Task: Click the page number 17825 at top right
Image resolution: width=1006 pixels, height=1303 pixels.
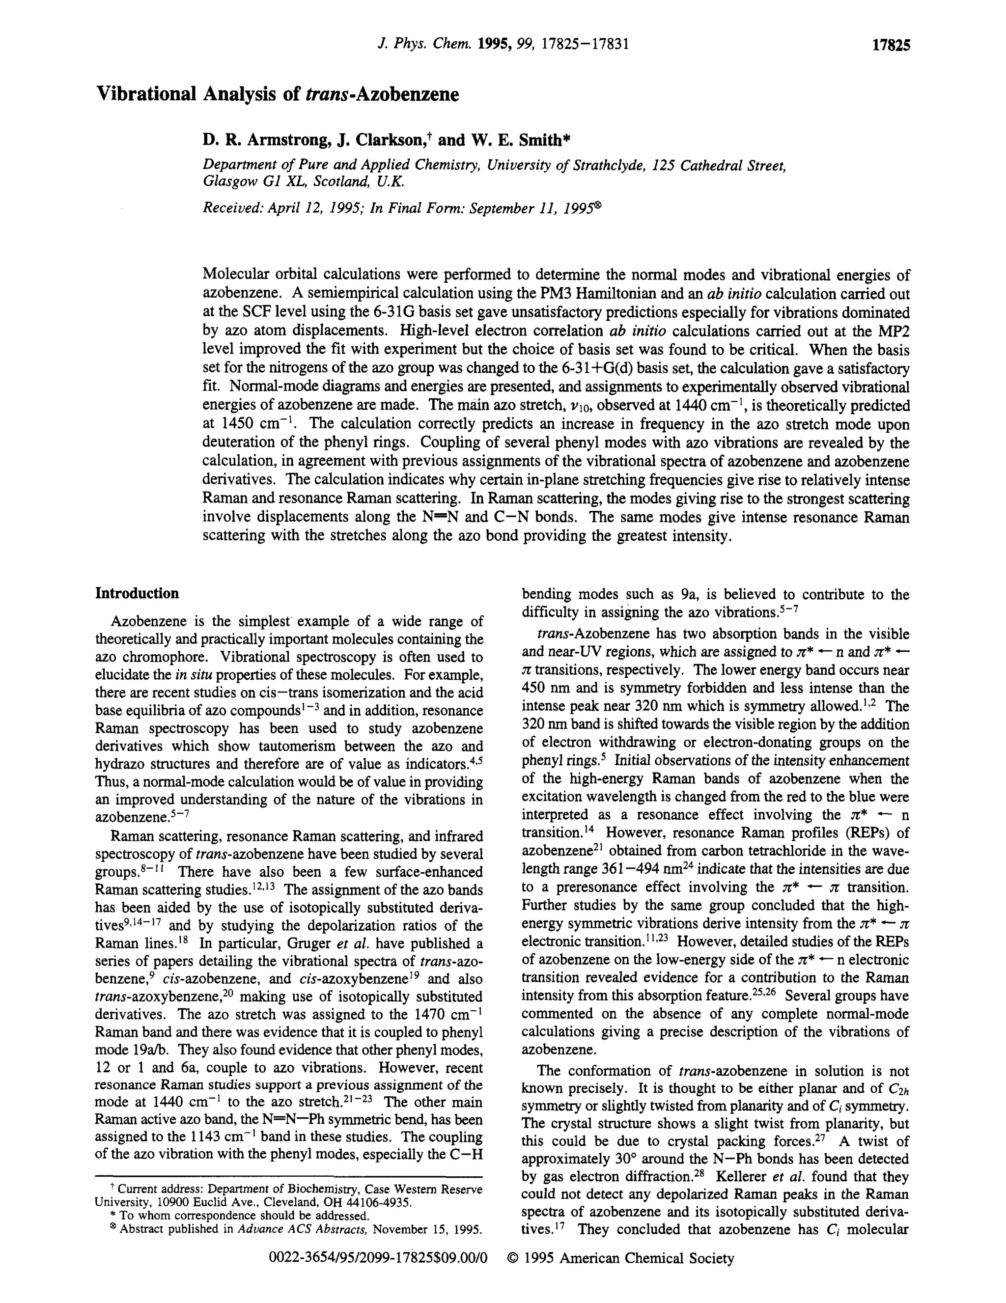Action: [891, 45]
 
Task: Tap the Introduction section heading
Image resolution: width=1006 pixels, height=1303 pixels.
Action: [137, 593]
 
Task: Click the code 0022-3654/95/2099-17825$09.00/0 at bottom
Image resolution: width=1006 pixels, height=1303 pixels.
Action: [378, 1259]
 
